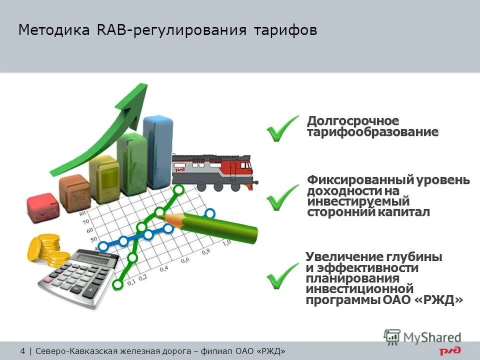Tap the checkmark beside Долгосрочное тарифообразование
click(x=282, y=128)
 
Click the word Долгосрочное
click(x=353, y=121)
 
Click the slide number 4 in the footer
click(x=23, y=350)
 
